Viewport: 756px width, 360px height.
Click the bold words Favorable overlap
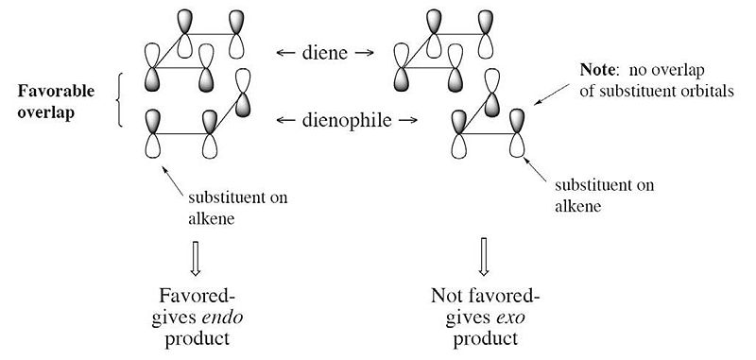pos(49,103)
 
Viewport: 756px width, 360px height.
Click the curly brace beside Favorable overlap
pos(119,100)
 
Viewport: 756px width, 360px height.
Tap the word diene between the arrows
pos(324,53)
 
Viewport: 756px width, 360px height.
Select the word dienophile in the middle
pos(347,120)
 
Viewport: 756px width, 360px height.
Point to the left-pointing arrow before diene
pos(285,53)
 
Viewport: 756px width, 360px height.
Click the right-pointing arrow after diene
pos(364,53)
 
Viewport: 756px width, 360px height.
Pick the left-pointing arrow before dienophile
pos(285,121)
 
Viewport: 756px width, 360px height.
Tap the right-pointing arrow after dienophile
pos(408,121)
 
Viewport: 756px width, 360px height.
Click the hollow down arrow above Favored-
pos(195,258)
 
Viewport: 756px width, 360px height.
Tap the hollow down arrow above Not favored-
pos(484,258)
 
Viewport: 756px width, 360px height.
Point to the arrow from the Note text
pos(552,94)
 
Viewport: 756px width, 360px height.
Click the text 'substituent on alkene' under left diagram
pos(237,208)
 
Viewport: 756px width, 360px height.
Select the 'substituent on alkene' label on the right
pos(604,196)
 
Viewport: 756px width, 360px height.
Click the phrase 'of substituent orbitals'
pos(657,90)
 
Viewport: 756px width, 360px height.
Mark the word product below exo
pos(486,338)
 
